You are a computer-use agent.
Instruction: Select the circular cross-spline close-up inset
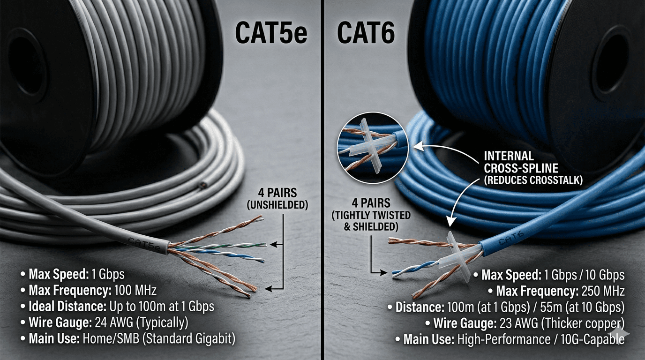pyautogui.click(x=373, y=148)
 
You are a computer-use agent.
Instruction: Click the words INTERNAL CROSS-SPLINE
pyautogui.click(x=521, y=162)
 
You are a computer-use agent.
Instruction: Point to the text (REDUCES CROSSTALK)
pyautogui.click(x=533, y=180)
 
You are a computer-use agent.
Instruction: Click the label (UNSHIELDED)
pyautogui.click(x=277, y=205)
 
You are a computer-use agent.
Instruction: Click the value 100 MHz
pyautogui.click(x=135, y=290)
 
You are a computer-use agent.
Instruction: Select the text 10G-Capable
pyautogui.click(x=592, y=339)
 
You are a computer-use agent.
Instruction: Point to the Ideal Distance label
pyautogui.click(x=67, y=307)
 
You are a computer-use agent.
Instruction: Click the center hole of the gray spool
pyautogui.click(x=27, y=66)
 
